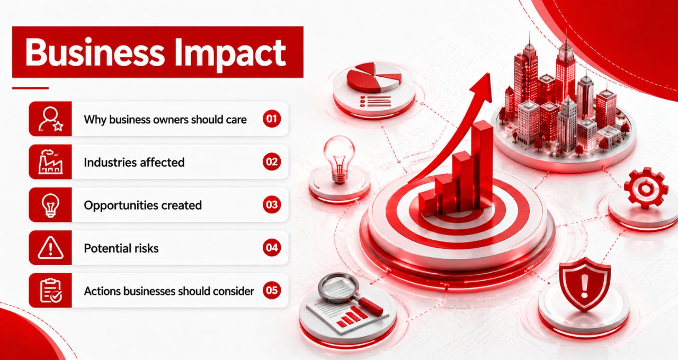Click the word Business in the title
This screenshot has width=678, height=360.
point(94,52)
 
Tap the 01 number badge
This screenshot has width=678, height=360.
point(272,119)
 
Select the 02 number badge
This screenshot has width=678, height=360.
point(272,161)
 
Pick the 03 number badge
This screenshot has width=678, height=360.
point(272,204)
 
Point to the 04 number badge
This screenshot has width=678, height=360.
point(272,247)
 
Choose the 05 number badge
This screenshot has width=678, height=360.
point(272,291)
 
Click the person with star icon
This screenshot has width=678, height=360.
point(50,119)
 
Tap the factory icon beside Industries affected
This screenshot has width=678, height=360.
point(50,162)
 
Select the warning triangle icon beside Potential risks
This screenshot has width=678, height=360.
point(50,248)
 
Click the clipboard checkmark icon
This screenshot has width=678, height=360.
point(51,291)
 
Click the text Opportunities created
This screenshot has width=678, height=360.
point(143,205)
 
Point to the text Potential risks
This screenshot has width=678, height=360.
point(121,248)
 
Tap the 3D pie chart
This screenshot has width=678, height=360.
point(374,77)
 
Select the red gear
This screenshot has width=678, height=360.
point(646,188)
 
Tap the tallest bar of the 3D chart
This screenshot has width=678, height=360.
point(483,165)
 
